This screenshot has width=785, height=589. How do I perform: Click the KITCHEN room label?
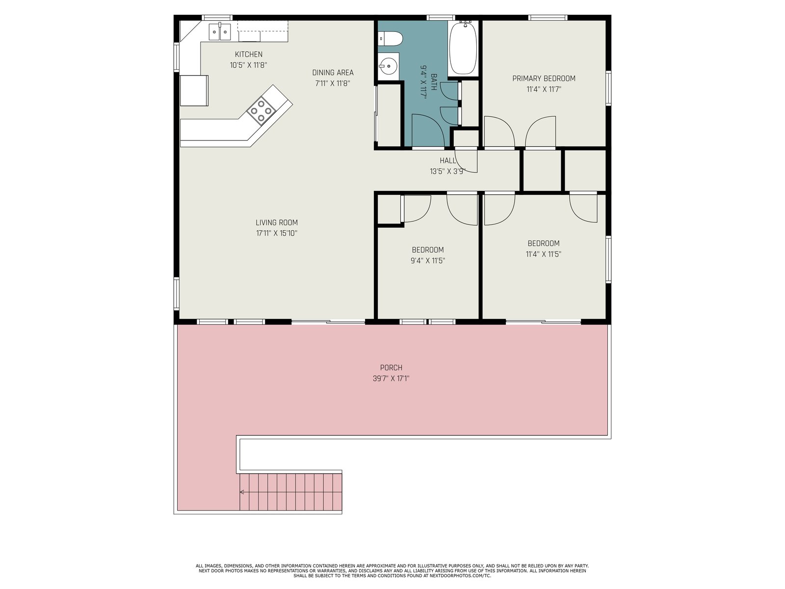coord(249,54)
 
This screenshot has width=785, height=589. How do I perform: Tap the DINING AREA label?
coord(333,73)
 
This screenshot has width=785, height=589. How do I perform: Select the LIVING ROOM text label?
coord(276,222)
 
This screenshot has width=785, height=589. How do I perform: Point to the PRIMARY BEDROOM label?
coord(544,79)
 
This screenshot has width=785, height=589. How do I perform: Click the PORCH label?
coord(391,368)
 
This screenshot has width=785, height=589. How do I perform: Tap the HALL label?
coord(448,161)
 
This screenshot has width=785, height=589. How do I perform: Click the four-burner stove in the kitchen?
coord(261,111)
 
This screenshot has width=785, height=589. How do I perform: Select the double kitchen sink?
coord(220,31)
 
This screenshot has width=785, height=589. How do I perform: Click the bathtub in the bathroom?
coord(463,48)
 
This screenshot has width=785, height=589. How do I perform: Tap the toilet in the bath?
coord(391,39)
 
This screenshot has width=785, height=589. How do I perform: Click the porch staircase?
coord(290,492)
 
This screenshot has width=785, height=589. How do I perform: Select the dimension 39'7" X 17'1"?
coord(391,378)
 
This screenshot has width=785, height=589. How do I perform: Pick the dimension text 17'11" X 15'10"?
coord(276,233)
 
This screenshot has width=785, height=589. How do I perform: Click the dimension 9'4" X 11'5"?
coord(427,261)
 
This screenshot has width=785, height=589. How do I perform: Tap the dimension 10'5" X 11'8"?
coord(249,65)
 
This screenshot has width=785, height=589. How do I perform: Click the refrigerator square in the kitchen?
coord(194,90)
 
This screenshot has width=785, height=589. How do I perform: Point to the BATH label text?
coord(434,82)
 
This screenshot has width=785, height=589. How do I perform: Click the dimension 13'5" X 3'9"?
coord(448,171)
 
